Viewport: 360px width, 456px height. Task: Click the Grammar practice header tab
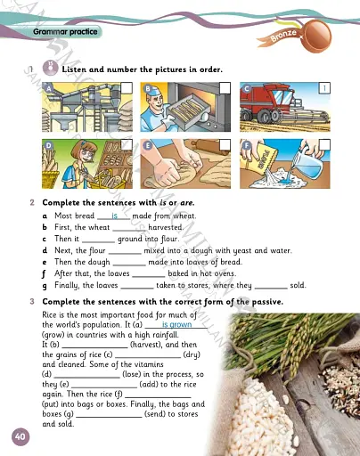point(61,31)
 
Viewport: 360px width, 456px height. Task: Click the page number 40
point(20,436)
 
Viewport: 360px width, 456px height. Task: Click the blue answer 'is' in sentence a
point(115,216)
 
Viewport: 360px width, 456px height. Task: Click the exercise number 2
point(32,203)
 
